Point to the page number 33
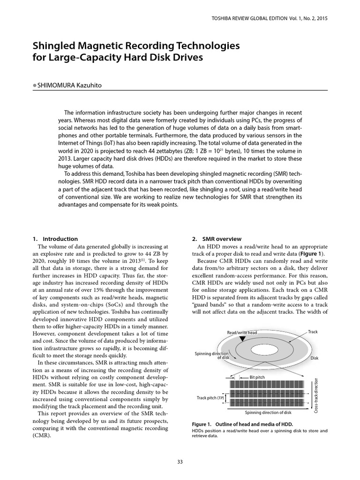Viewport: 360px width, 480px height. (x=180, y=462)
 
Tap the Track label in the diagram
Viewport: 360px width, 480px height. (x=313, y=332)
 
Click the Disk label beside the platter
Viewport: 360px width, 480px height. (x=315, y=358)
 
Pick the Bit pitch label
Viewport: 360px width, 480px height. (x=258, y=376)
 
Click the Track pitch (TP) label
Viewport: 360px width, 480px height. (x=209, y=398)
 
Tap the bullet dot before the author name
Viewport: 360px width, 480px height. (x=34, y=85)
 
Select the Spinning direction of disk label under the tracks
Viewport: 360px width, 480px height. (x=269, y=412)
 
